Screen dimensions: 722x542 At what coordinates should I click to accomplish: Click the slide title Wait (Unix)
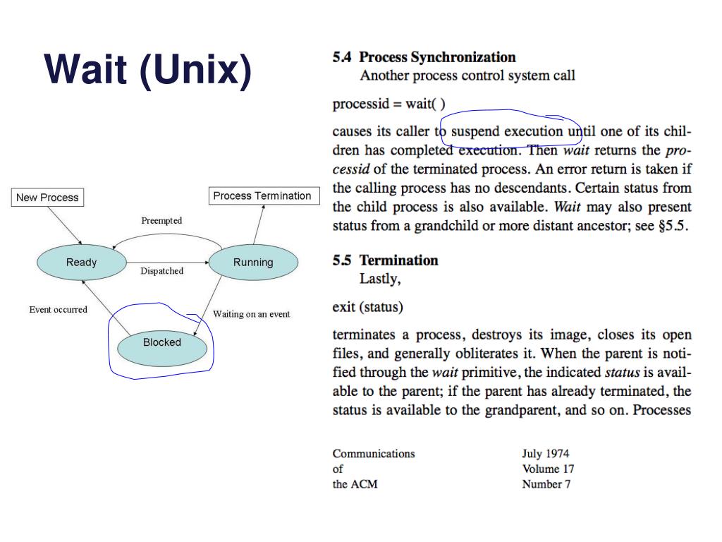coord(147,71)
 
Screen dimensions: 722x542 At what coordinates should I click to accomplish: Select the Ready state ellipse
coord(81,263)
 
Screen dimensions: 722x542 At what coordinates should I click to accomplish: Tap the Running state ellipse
coord(253,263)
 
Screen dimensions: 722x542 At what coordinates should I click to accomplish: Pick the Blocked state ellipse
coord(162,342)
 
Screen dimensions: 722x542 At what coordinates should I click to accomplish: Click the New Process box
coord(47,198)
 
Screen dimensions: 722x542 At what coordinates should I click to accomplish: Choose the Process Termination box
coord(262,196)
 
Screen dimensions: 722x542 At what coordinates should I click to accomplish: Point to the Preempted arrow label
coord(161,221)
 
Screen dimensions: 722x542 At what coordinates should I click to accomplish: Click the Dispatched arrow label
coord(161,271)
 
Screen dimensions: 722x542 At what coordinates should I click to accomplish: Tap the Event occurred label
coord(59,310)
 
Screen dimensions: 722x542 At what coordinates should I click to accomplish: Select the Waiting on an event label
coord(251,314)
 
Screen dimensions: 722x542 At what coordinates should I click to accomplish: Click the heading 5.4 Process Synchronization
coord(424,57)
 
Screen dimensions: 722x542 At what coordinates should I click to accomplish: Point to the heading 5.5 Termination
coord(385,260)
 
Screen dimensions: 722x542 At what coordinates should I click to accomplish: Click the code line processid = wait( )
coord(388,104)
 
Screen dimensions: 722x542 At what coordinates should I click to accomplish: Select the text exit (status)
coord(367,308)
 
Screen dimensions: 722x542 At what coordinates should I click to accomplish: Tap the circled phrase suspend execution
coord(507,131)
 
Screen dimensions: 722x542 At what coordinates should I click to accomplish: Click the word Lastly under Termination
coord(380,279)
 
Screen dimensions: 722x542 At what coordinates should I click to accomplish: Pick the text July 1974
coord(545,454)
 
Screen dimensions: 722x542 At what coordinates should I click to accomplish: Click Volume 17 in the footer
coord(548,469)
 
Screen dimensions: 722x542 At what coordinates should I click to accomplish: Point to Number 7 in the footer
coord(546,484)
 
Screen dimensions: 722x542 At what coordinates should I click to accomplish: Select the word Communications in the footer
coord(374,454)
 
